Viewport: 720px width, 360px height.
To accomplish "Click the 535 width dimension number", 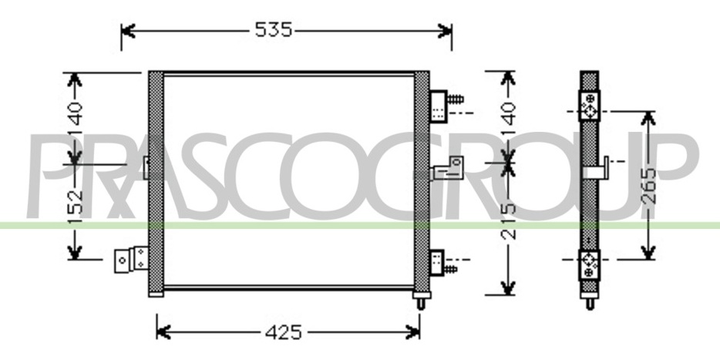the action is pyautogui.click(x=273, y=30).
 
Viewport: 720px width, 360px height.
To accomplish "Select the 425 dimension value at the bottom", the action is pyautogui.click(x=284, y=332).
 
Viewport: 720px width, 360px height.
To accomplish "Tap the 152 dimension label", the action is pyautogui.click(x=75, y=202).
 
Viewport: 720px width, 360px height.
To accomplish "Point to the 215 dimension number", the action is pyautogui.click(x=508, y=222).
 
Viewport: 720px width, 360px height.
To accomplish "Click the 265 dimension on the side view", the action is pyautogui.click(x=648, y=186).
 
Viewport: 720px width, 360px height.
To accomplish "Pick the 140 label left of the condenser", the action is pyautogui.click(x=75, y=114).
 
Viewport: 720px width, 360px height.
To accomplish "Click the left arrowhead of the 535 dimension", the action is pyautogui.click(x=127, y=31).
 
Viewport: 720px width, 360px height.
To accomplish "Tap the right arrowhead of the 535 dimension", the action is pyautogui.click(x=446, y=31).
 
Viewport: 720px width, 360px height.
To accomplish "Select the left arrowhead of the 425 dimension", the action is pyautogui.click(x=163, y=331).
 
